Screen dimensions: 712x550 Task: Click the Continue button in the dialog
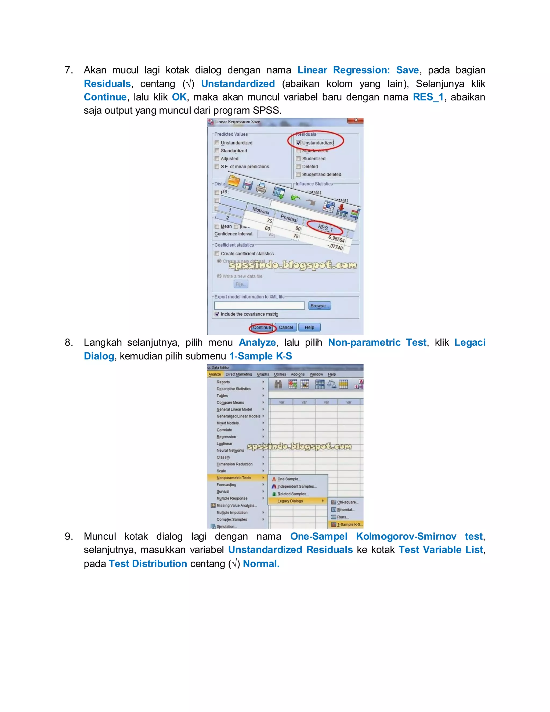click(x=262, y=327)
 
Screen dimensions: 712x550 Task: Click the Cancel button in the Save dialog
click(x=286, y=327)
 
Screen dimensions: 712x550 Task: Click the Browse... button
click(x=319, y=306)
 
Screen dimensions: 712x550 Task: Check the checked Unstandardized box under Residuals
click(x=298, y=143)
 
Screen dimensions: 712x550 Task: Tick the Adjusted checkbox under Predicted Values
click(x=217, y=159)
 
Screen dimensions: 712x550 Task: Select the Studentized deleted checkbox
click(x=298, y=174)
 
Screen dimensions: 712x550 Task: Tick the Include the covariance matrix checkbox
click(x=217, y=314)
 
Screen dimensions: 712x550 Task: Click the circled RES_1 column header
click(x=325, y=228)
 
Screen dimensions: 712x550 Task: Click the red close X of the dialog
click(x=356, y=121)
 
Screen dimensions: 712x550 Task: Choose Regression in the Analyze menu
click(x=226, y=437)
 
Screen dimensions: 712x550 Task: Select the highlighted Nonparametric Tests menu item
click(x=234, y=478)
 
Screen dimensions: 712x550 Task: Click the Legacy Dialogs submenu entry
click(x=290, y=501)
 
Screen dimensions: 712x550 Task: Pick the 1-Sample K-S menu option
click(x=349, y=524)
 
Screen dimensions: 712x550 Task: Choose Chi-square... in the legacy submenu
click(x=347, y=502)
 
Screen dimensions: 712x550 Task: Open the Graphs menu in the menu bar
click(x=263, y=374)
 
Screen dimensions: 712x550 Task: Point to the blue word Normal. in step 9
click(x=261, y=564)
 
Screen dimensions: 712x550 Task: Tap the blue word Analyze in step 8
click(x=257, y=343)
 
